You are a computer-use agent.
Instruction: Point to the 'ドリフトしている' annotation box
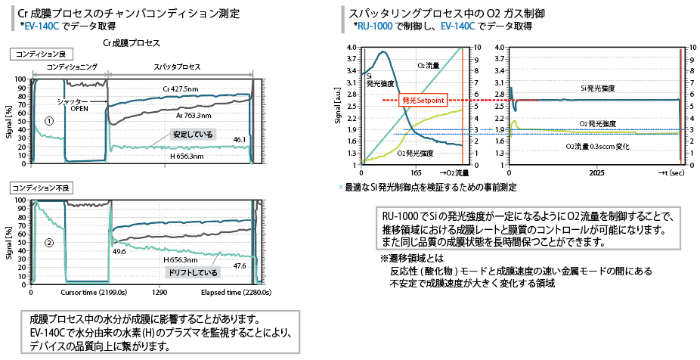tap(194, 272)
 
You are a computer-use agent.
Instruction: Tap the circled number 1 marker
tap(48, 119)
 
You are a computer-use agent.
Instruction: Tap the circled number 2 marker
tap(48, 243)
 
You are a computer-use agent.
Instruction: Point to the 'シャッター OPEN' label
tap(79, 104)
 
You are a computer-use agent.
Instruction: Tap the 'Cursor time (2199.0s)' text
tap(94, 291)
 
